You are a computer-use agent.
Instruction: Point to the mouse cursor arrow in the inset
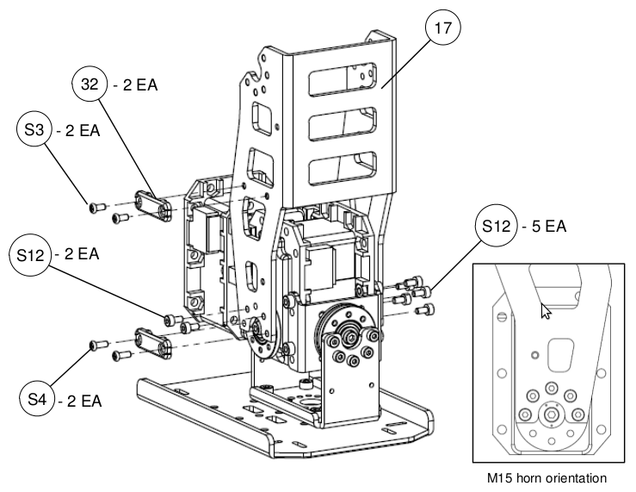(544, 310)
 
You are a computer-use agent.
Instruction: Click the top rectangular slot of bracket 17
(343, 83)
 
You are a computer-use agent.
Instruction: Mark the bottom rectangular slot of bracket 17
(343, 166)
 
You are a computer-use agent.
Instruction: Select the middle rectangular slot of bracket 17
(343, 125)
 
